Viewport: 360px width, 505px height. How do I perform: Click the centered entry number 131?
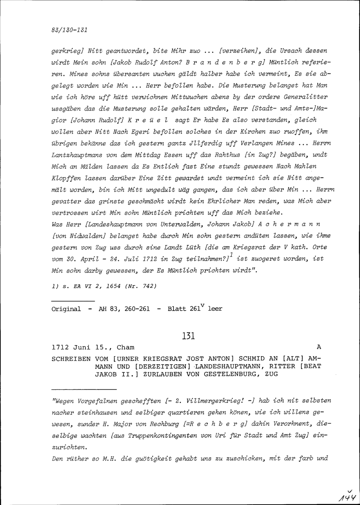[189, 336]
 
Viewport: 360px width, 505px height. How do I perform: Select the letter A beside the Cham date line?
[318, 347]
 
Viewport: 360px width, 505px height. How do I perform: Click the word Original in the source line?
[67, 309]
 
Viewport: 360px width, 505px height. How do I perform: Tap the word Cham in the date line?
[126, 348]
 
